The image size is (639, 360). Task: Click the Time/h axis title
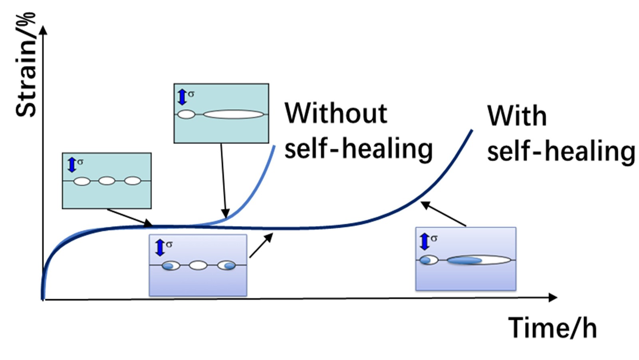tap(552, 328)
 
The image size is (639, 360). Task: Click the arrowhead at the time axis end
tap(553, 297)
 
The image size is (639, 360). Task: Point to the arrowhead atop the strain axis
tap(43, 30)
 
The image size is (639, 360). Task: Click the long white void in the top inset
tap(233, 115)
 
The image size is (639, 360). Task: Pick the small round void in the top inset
tap(186, 115)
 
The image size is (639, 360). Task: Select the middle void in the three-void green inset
tap(107, 181)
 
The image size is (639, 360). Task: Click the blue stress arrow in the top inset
tap(182, 97)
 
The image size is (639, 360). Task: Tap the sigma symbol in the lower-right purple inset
tap(434, 238)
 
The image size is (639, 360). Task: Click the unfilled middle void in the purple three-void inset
tap(198, 265)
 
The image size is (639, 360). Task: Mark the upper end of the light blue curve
tap(274, 146)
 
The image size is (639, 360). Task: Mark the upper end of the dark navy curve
tap(472, 130)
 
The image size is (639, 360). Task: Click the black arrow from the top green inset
tap(223, 180)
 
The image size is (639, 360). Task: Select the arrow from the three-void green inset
tap(130, 217)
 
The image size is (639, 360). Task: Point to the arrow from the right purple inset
tap(444, 214)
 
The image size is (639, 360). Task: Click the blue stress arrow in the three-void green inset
tap(72, 165)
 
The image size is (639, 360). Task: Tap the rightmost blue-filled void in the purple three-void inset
tap(227, 265)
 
